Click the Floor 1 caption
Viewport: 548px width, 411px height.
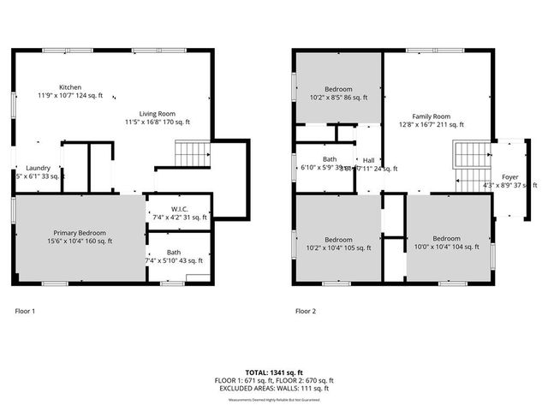[26, 311]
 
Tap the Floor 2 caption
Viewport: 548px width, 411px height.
[306, 311]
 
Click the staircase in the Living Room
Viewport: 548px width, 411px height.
[192, 154]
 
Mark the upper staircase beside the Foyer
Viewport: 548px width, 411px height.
[470, 155]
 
